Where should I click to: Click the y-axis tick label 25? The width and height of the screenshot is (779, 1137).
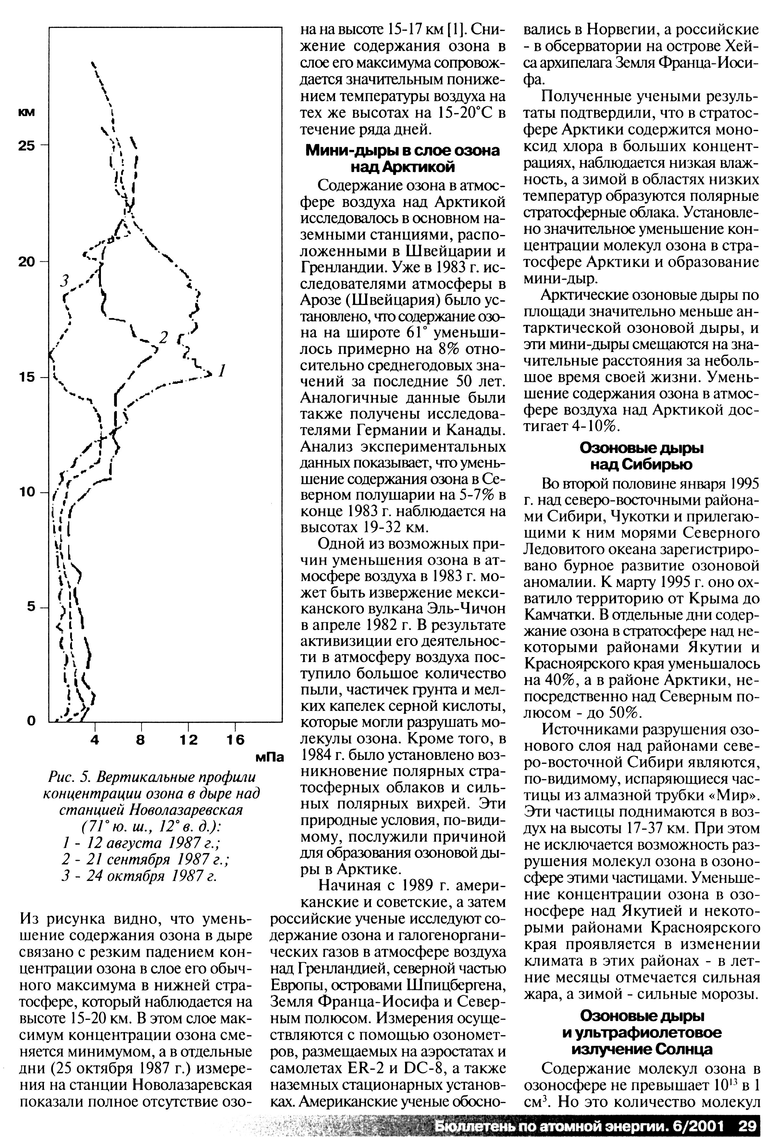click(27, 145)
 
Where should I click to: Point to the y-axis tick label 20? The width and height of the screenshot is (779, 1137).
click(27, 262)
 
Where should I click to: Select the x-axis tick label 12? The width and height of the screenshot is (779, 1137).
click(188, 740)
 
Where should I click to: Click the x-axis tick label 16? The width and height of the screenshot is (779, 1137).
click(235, 740)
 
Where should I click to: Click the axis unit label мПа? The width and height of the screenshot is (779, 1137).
click(270, 757)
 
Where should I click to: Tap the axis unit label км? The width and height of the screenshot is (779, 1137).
click(26, 112)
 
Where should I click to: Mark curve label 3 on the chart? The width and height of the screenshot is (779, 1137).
click(64, 280)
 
